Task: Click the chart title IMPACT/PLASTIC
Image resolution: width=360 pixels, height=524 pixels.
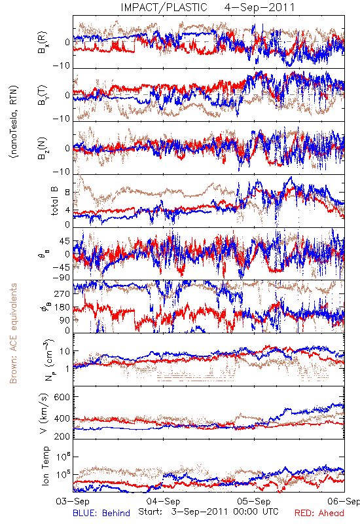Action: click(164, 7)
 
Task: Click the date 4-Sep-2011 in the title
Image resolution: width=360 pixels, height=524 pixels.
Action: click(259, 7)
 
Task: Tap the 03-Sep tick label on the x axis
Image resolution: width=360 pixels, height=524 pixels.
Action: click(73, 501)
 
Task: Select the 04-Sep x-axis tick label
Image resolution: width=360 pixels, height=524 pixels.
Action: click(163, 501)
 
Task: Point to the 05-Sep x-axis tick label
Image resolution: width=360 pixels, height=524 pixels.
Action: click(254, 501)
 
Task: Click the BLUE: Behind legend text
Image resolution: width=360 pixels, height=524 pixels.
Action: click(101, 513)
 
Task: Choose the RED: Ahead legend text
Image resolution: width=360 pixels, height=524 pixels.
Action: click(319, 513)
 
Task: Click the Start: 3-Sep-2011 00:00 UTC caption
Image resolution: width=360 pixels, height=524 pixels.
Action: click(208, 512)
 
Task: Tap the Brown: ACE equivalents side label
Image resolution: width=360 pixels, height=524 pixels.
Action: click(13, 333)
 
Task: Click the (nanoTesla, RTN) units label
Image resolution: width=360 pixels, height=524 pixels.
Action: click(14, 122)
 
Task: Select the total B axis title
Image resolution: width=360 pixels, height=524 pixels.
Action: click(54, 201)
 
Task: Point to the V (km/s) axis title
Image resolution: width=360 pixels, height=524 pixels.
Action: click(44, 414)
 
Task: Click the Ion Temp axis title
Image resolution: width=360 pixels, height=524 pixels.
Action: click(45, 466)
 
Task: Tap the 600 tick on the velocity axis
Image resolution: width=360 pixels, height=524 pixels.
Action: click(62, 397)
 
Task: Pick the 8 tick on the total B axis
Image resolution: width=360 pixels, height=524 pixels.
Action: click(67, 193)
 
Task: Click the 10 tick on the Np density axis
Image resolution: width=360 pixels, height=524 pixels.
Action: click(64, 352)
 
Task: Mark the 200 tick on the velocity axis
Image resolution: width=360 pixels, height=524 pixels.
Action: click(62, 436)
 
